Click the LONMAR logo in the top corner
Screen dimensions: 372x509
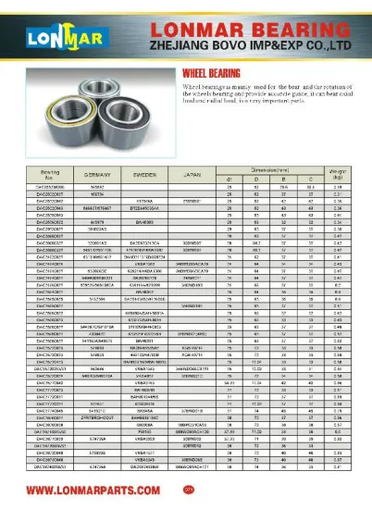pyautogui.click(x=43, y=38)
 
